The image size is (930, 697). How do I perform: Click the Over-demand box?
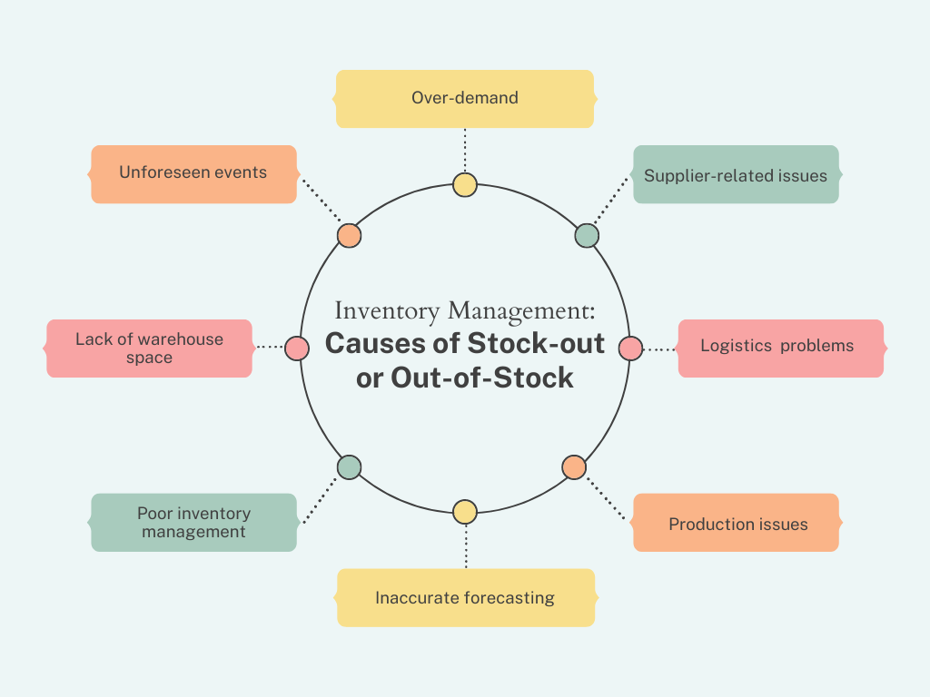(x=464, y=98)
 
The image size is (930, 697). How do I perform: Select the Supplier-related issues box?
(x=736, y=174)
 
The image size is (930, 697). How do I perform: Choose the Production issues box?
(x=736, y=523)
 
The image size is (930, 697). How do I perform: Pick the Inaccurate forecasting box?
(x=465, y=597)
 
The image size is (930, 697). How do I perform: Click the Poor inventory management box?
(x=193, y=522)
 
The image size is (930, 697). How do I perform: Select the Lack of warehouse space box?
(x=149, y=348)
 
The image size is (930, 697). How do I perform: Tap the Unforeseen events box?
(x=193, y=173)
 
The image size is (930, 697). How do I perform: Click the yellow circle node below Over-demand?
(x=465, y=185)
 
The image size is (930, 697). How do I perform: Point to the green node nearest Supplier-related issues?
(x=587, y=236)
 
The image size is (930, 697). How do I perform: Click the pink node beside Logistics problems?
(x=630, y=348)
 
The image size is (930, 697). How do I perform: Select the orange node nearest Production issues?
(x=573, y=467)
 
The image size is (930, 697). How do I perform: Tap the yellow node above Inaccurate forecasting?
(x=465, y=512)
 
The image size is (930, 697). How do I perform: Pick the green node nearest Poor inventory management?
(x=349, y=467)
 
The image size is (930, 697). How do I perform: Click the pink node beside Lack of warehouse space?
(x=297, y=348)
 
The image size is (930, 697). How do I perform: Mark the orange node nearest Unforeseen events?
(x=349, y=236)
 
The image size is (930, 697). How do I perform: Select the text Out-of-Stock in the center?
(x=482, y=378)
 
